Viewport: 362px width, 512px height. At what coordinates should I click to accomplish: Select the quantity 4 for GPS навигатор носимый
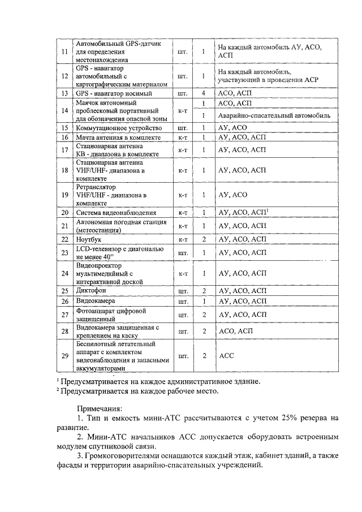[x=202, y=92]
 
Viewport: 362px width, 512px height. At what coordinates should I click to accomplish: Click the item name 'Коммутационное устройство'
[x=114, y=128]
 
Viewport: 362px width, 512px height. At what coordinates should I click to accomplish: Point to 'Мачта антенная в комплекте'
[x=115, y=137]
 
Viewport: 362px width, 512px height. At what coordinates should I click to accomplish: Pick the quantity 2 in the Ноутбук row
[x=202, y=239]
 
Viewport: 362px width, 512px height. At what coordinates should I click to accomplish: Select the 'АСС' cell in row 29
[x=226, y=356]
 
